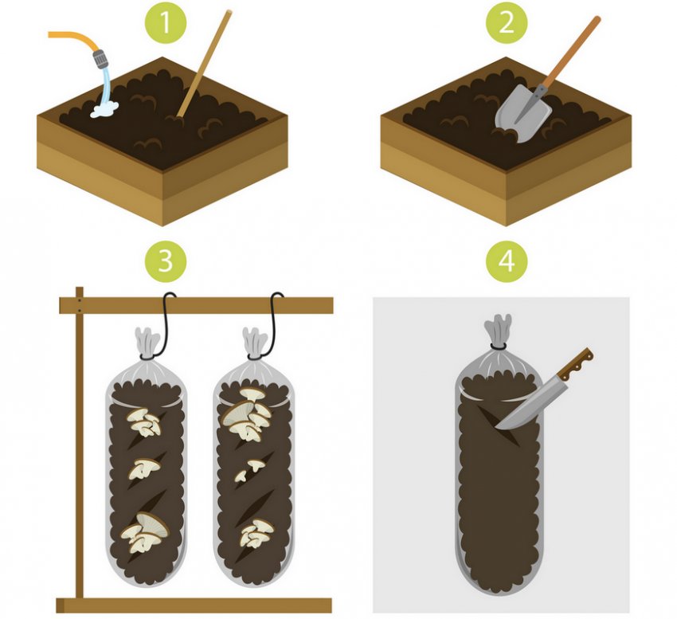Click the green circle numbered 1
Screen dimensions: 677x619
[166, 22]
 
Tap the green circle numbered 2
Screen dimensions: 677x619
[507, 22]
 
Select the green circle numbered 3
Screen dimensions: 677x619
[166, 262]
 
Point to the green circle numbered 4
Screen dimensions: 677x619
[507, 262]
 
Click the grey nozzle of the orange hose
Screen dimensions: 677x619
[100, 59]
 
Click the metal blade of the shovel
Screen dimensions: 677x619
[523, 113]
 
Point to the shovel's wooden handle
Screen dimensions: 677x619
[571, 53]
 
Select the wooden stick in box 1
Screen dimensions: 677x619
[205, 64]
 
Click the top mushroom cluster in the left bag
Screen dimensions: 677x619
[144, 422]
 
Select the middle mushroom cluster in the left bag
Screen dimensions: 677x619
[144, 468]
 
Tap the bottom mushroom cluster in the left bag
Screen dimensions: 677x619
[144, 532]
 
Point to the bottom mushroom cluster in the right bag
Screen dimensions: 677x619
[256, 534]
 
